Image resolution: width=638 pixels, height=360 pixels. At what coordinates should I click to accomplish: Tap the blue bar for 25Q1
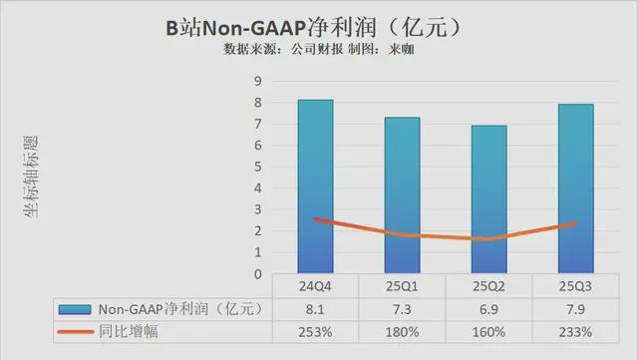tap(402, 195)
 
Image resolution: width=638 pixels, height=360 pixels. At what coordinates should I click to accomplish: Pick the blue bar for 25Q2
tap(488, 199)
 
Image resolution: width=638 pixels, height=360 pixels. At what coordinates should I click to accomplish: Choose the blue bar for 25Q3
tap(575, 188)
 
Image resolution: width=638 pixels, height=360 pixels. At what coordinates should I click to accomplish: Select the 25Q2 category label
tap(488, 288)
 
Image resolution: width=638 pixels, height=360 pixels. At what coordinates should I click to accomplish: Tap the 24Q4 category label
tap(316, 288)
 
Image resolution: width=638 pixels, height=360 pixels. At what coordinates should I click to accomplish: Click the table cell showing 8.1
tap(316, 309)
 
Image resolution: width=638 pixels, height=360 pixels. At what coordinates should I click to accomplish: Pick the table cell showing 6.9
tap(488, 309)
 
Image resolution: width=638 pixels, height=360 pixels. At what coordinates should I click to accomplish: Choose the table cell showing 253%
tap(316, 331)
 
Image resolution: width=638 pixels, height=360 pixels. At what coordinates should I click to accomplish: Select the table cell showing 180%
tap(402, 331)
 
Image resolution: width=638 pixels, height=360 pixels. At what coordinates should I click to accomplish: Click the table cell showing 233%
tap(575, 331)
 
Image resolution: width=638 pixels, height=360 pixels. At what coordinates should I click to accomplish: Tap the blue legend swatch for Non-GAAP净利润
tap(75, 309)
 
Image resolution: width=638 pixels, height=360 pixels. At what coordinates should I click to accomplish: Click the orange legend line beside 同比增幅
tap(75, 331)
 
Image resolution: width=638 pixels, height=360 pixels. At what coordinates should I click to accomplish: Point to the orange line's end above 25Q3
tap(575, 223)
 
